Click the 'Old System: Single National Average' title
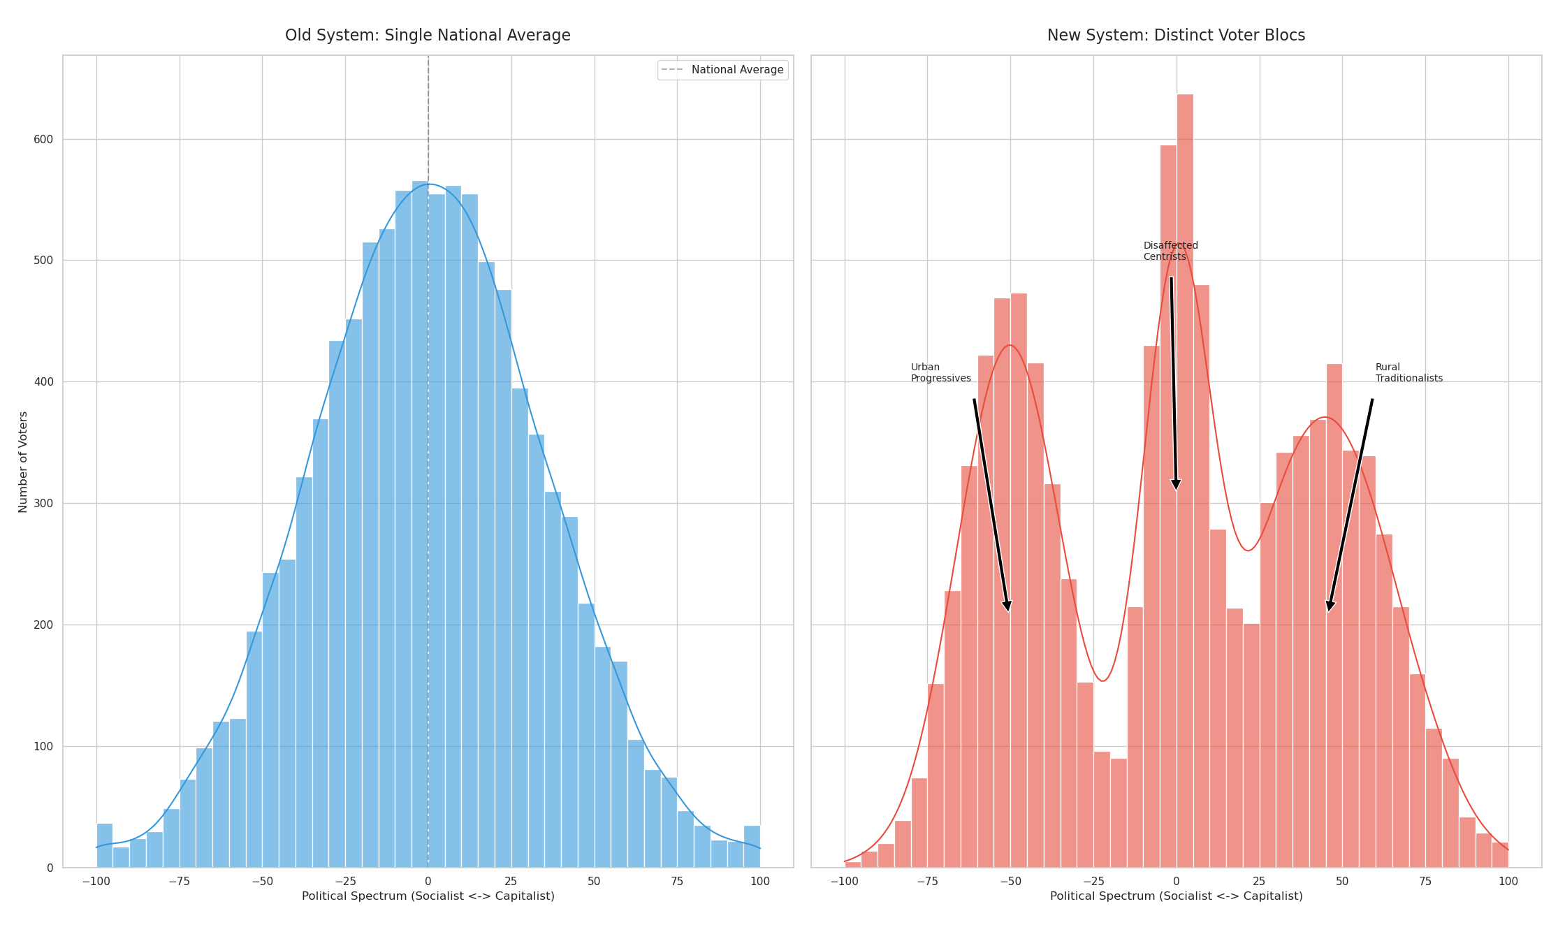pos(428,36)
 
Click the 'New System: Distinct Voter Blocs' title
pos(1176,36)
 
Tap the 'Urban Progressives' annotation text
pos(940,373)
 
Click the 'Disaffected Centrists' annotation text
pos(1170,251)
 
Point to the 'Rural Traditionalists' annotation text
pos(1408,373)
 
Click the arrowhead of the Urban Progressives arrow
pos(1007,606)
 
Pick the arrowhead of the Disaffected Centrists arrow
pos(1176,485)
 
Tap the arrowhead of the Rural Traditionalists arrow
pos(1330,606)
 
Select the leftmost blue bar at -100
pos(104,846)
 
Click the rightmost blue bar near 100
pos(752,847)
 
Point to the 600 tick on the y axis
pos(43,140)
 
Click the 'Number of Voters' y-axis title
pos(23,462)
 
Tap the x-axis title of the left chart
pos(428,896)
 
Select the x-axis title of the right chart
pos(1176,896)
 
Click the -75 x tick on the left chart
pos(179,882)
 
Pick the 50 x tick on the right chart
pos(1342,882)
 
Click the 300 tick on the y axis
pos(43,504)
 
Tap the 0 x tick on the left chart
pos(428,882)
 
